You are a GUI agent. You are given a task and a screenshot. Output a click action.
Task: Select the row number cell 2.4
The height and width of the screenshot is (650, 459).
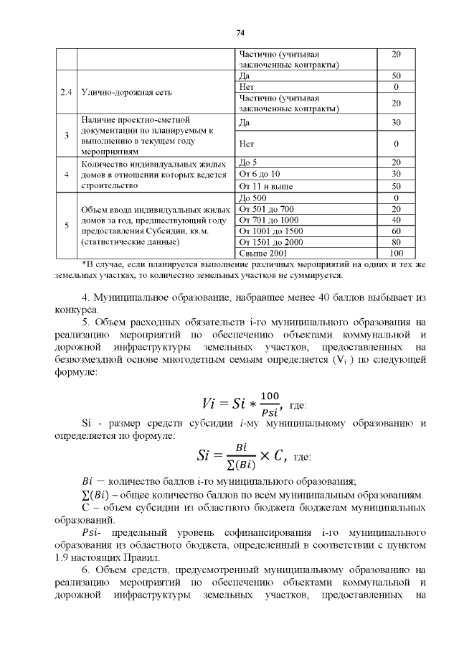point(66,92)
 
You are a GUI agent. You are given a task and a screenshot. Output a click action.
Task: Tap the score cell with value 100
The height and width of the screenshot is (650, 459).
point(396,253)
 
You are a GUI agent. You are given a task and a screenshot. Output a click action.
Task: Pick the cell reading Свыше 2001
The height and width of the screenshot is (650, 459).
point(262,253)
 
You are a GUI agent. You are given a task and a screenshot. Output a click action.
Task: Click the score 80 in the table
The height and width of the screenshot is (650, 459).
point(396,242)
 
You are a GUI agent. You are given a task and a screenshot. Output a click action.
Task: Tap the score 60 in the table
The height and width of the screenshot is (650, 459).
point(396,231)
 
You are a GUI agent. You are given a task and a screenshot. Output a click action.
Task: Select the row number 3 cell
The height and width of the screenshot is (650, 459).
point(66,135)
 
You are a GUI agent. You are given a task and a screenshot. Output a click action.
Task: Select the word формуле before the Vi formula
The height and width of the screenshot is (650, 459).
point(72,373)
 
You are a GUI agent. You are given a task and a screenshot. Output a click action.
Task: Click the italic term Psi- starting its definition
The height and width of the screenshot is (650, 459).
point(92,533)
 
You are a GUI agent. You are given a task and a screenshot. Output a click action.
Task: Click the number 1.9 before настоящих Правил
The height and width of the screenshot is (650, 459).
point(62,557)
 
